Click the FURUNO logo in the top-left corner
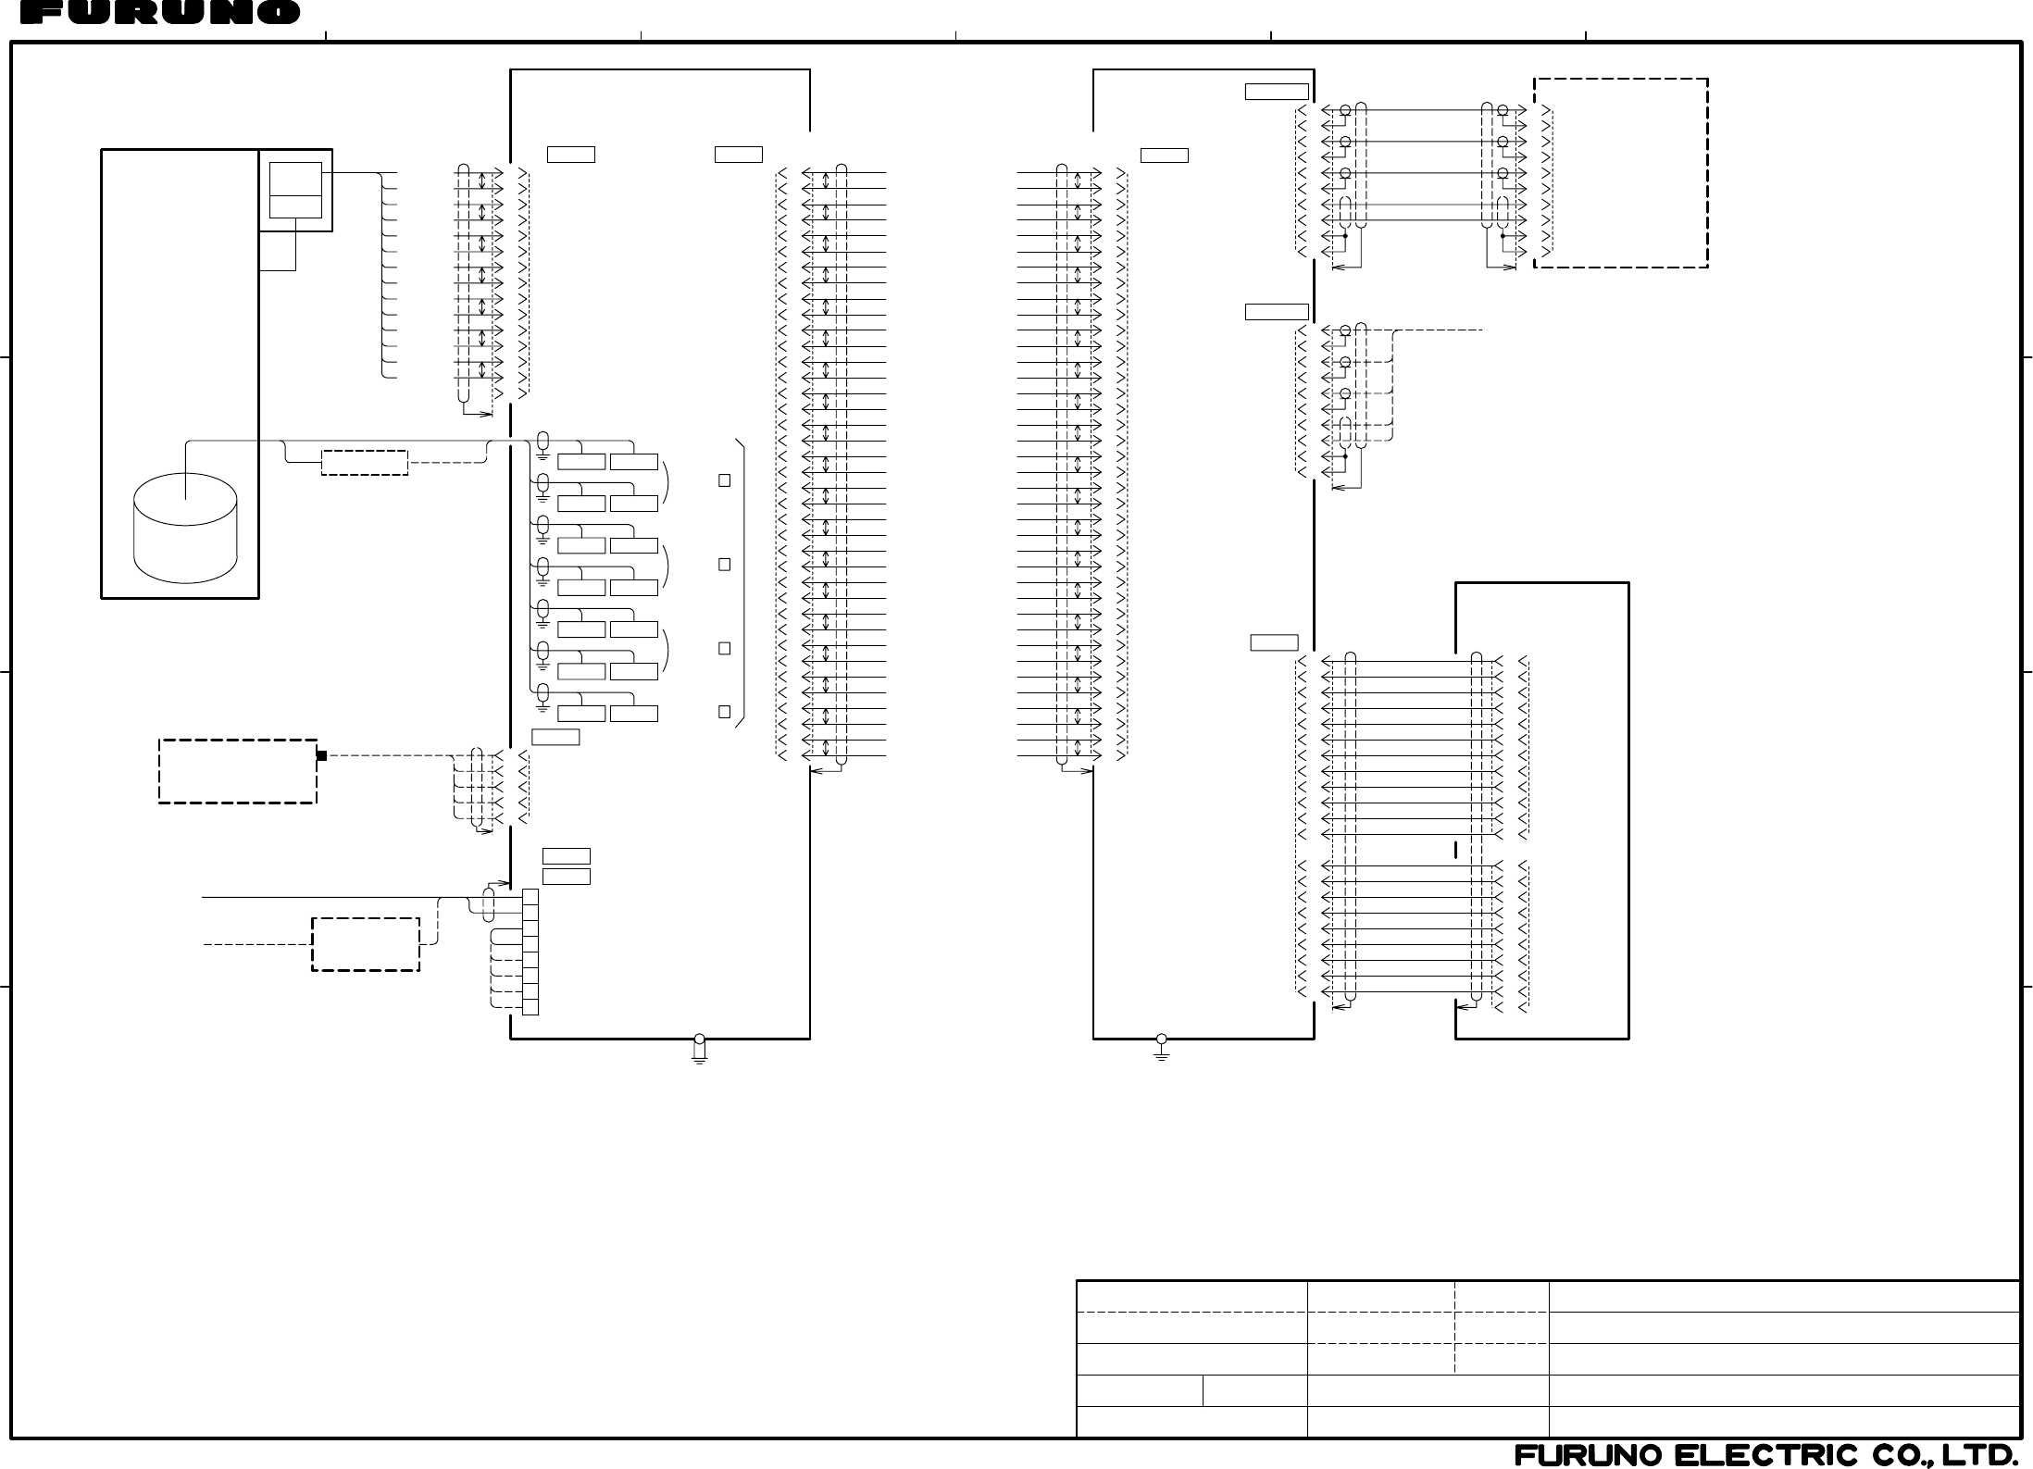pos(159,12)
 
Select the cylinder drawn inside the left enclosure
pos(185,529)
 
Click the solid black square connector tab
pos(321,755)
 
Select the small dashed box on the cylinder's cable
pos(365,462)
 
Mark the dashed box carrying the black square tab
pos(238,771)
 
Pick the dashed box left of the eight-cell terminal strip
pos(366,944)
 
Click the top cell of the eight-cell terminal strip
pos(530,897)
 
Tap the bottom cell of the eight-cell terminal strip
pos(530,1007)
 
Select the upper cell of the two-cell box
pos(295,179)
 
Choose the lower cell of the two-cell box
pos(295,206)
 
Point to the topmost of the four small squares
pos(724,480)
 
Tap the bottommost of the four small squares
pos(724,712)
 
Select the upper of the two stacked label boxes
pos(566,855)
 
